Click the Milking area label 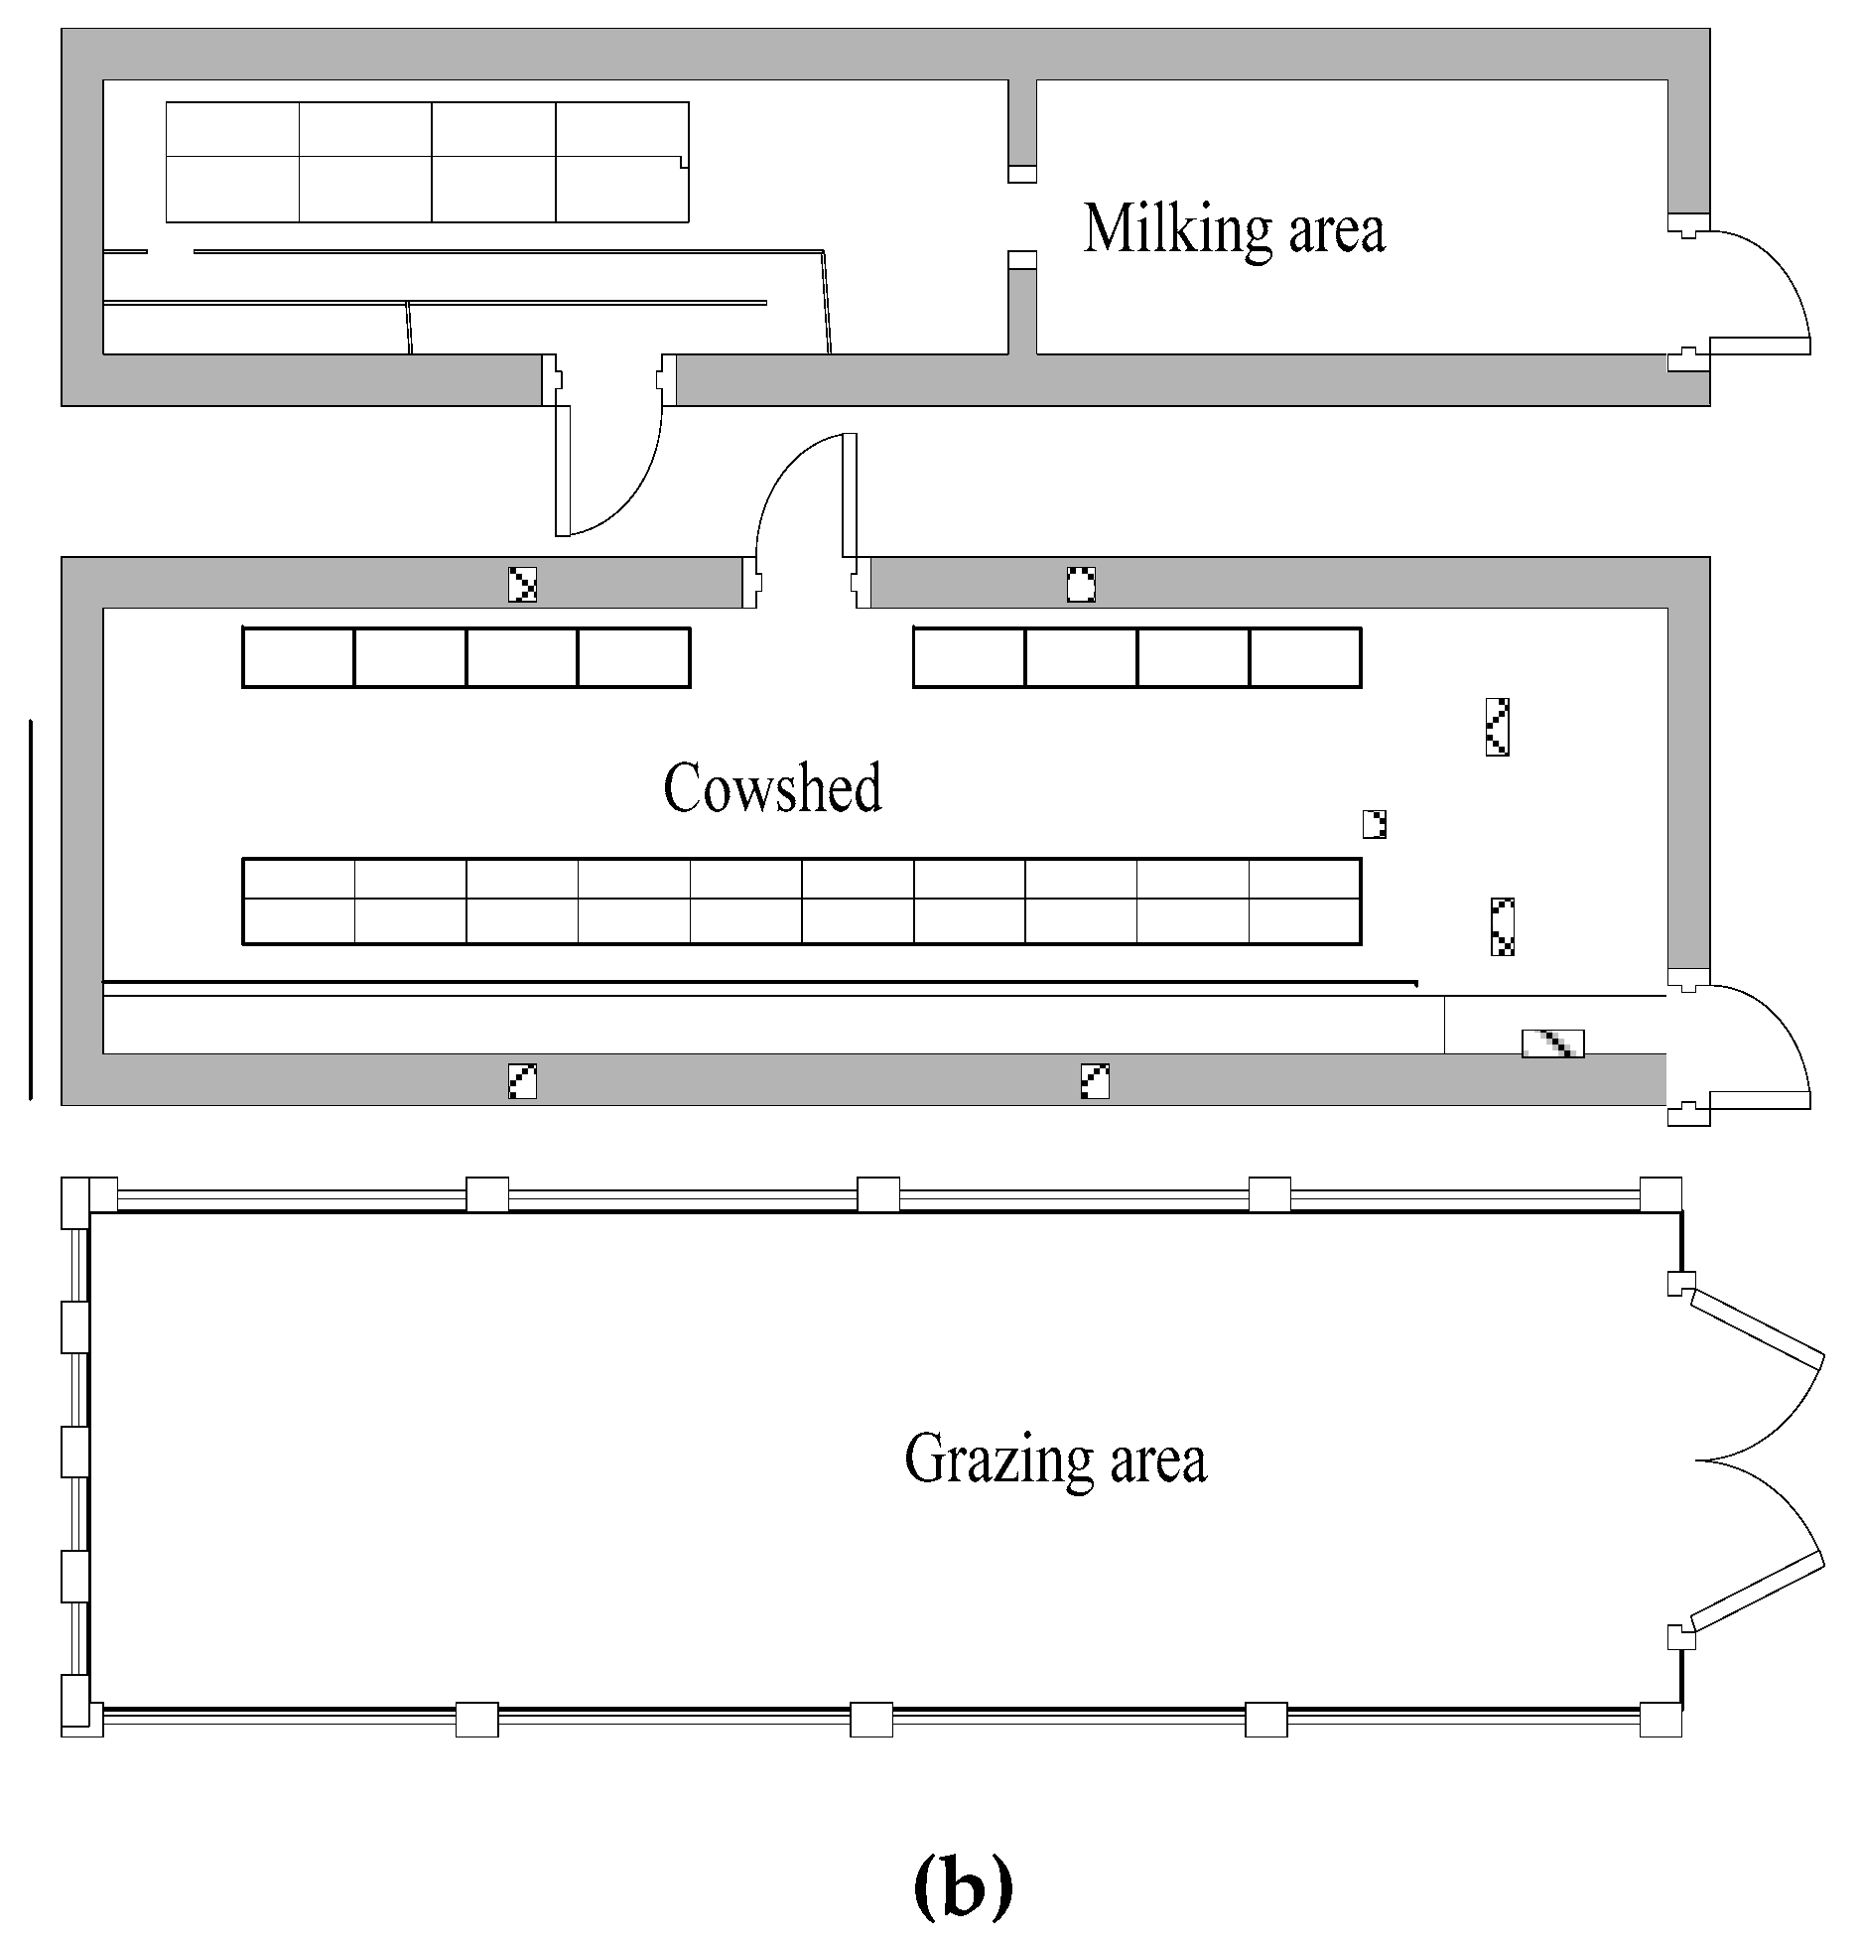(x=1234, y=229)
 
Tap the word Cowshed (x=772, y=789)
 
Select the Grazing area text (x=1055, y=1460)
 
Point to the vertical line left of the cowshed (x=31, y=909)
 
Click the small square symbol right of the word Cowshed (x=1375, y=824)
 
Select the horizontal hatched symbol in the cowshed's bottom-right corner (x=1552, y=1043)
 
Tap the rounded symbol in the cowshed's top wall (x=1080, y=584)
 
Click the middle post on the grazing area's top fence (x=877, y=1194)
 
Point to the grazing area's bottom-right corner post (x=1661, y=1719)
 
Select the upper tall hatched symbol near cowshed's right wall (x=1497, y=727)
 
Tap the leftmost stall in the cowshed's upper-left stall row (x=299, y=657)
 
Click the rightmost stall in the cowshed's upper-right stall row (x=1304, y=657)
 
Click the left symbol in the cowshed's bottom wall (x=522, y=1080)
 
